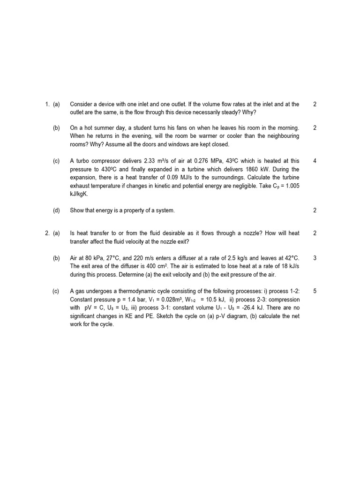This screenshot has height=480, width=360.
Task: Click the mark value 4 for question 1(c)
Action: tap(315, 161)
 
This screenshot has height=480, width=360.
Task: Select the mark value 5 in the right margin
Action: tap(315, 291)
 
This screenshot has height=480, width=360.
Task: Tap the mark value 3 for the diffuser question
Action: tap(315, 258)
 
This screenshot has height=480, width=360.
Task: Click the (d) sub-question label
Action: tap(56, 210)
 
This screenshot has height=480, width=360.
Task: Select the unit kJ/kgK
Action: tap(79, 194)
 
